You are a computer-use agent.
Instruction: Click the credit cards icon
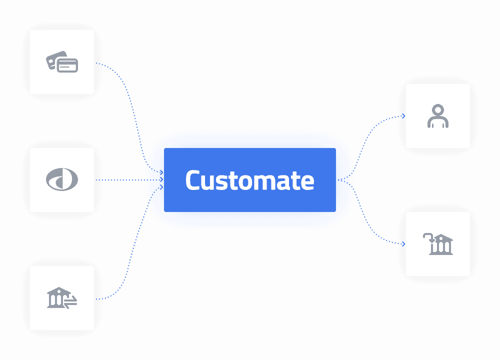[62, 62]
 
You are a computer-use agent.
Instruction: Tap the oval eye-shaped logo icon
[62, 180]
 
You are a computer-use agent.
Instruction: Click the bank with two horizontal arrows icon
[62, 298]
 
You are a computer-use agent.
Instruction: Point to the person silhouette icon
[438, 116]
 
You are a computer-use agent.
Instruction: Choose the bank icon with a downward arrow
[438, 244]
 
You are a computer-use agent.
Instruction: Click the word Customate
[249, 180]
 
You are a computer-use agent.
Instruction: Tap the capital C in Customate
[193, 180]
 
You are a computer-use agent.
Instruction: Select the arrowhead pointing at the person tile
[403, 116]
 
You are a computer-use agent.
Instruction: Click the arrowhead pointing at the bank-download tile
[403, 244]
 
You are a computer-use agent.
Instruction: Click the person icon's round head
[438, 109]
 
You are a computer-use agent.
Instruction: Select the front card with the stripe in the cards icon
[67, 65]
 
